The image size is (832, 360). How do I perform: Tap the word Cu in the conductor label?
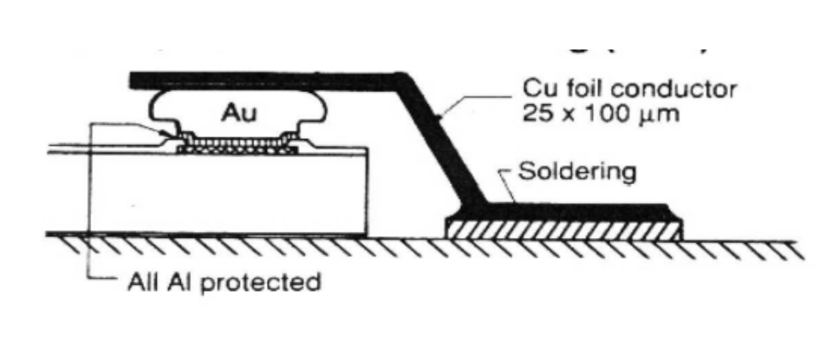point(535,89)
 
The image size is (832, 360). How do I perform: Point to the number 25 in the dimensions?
point(534,114)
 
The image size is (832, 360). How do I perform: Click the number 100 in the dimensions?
point(601,114)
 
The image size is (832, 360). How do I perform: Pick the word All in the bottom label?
point(141,282)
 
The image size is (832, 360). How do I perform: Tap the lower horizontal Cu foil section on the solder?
point(580,212)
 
